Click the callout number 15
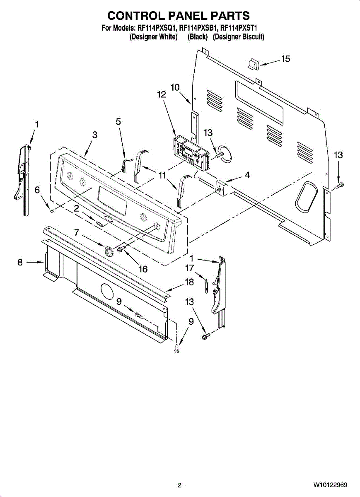click(x=285, y=59)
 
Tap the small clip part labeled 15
click(x=253, y=64)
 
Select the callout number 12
click(x=161, y=94)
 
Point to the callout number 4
click(x=247, y=175)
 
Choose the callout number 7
click(x=76, y=233)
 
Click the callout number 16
click(x=143, y=269)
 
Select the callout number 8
click(x=20, y=262)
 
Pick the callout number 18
click(x=189, y=282)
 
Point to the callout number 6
click(x=37, y=190)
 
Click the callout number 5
click(x=118, y=121)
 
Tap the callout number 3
click(x=95, y=135)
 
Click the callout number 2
click(x=76, y=209)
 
